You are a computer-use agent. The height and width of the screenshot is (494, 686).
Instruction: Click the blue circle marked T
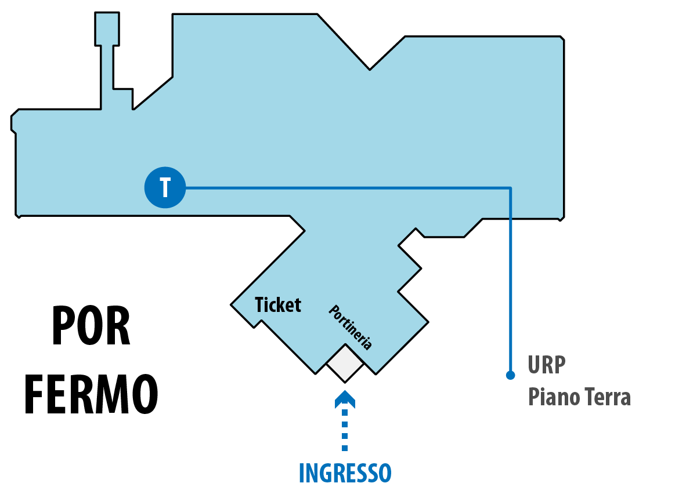click(165, 187)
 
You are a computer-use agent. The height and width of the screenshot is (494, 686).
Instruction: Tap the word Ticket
click(278, 305)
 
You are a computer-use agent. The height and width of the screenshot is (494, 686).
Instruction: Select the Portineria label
click(351, 327)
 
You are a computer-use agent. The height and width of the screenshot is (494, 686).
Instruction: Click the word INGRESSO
click(345, 473)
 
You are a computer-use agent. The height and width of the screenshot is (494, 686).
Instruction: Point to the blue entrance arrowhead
click(345, 399)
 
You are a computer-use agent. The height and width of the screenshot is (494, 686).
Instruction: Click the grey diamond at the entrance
click(345, 364)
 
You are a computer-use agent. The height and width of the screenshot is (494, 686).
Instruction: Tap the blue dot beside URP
click(510, 375)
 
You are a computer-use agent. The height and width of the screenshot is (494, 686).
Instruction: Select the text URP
click(547, 365)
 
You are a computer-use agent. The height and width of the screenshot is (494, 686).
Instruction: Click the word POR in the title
click(91, 326)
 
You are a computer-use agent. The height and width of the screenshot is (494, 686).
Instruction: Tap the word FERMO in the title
click(91, 394)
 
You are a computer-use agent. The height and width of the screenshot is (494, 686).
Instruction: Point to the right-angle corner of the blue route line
click(510, 188)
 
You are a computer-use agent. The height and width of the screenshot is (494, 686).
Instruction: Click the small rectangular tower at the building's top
click(107, 29)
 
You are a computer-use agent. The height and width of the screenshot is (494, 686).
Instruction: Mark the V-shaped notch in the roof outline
click(370, 69)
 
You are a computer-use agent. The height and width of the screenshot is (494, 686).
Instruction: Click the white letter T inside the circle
click(165, 187)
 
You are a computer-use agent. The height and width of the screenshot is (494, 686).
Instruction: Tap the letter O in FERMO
click(145, 394)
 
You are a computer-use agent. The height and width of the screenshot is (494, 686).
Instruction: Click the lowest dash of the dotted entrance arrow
click(345, 448)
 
